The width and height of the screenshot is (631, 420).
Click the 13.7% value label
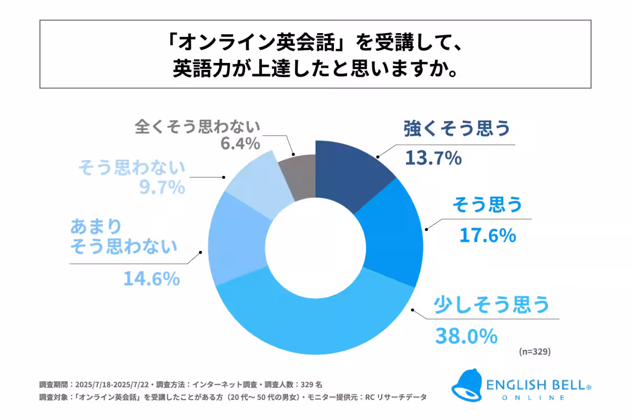pos(432,157)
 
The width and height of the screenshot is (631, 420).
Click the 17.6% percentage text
pos(487,236)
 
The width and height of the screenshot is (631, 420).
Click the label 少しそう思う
pos(491,305)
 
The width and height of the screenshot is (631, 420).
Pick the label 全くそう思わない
pos(198,127)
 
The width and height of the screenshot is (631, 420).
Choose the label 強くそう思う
pos(457,130)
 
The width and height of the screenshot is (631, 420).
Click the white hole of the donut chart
pos(315,247)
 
